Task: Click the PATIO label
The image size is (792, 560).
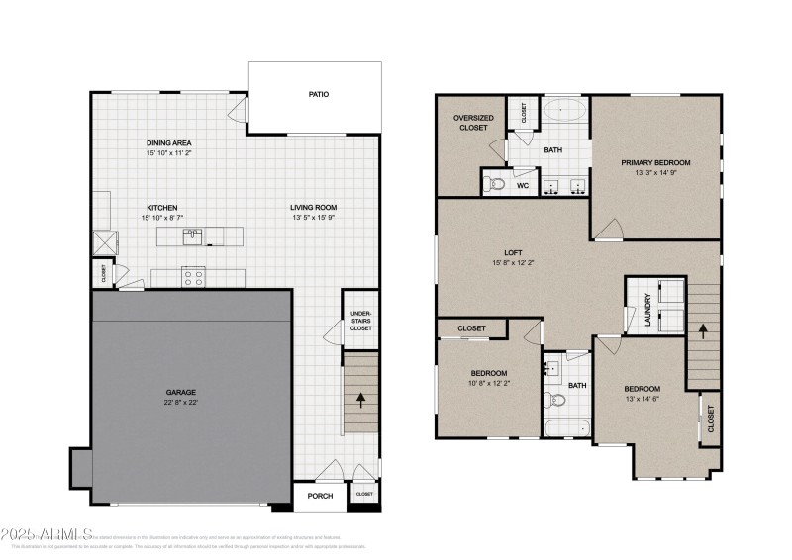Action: tap(317, 95)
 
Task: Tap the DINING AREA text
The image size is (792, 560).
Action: tap(167, 143)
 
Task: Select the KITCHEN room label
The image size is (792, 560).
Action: tap(160, 208)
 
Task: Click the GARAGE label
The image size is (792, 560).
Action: tap(180, 392)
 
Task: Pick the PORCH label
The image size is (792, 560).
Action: tap(319, 496)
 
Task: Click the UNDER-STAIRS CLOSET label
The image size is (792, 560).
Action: tap(360, 321)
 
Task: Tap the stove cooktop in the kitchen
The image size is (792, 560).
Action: tap(193, 277)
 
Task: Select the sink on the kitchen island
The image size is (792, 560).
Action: tap(194, 235)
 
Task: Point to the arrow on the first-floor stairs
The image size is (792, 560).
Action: tap(360, 400)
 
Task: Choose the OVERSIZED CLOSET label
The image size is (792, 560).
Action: tap(471, 123)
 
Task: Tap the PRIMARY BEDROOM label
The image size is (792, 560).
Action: tap(655, 162)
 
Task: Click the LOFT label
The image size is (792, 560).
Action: tap(512, 252)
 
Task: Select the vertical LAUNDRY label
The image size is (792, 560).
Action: tap(648, 309)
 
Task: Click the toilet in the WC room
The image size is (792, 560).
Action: tap(496, 184)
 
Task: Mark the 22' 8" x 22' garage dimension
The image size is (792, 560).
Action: tap(180, 402)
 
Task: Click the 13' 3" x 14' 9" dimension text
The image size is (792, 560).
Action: tap(655, 173)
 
